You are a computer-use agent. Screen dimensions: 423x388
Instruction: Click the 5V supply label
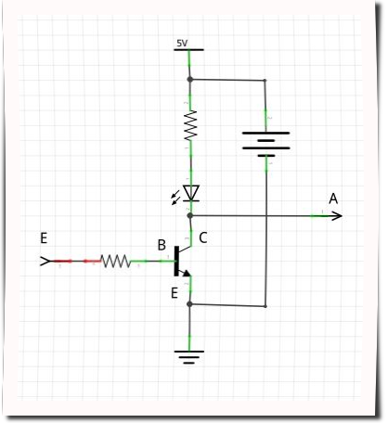181,44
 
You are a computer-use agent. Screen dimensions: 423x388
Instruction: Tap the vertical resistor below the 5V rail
190,126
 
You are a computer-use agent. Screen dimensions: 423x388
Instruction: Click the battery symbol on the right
265,142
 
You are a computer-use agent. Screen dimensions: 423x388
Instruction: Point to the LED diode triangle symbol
191,193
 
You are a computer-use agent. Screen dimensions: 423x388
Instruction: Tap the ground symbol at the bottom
190,355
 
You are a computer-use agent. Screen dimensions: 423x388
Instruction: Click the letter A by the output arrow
333,198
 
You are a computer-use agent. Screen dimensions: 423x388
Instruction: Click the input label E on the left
43,238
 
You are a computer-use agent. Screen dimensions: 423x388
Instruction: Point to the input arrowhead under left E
45,262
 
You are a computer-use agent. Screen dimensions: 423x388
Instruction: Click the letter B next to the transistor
162,246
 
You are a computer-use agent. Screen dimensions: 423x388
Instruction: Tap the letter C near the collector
202,238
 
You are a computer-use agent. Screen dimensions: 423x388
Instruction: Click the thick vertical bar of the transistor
176,263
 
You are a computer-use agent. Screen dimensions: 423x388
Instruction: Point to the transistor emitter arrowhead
187,273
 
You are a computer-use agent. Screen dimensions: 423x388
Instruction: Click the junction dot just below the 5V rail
190,80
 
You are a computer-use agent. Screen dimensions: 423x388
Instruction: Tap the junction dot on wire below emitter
190,304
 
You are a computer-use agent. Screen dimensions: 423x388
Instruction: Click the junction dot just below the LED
190,215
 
